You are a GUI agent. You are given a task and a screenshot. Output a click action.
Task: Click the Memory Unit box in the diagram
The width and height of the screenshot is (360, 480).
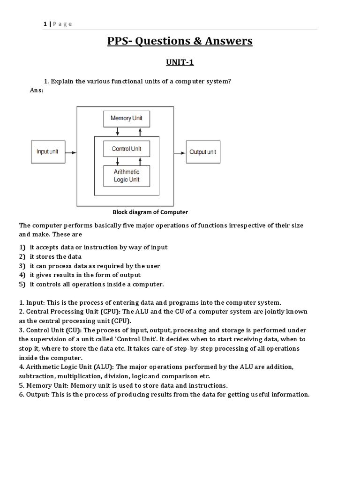(x=126, y=118)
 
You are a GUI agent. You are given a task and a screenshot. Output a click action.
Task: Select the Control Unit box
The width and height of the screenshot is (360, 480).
(x=126, y=149)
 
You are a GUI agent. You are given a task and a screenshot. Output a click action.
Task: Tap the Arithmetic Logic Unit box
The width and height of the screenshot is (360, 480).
(x=126, y=176)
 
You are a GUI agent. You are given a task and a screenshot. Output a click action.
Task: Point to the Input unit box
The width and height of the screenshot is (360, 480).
(x=47, y=152)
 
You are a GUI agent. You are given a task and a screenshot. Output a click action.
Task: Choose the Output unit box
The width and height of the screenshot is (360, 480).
(x=203, y=152)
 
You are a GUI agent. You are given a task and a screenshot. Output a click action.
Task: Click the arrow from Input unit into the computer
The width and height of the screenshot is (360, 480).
(x=70, y=152)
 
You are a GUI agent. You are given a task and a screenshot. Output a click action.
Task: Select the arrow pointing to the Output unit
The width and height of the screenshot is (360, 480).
(x=180, y=152)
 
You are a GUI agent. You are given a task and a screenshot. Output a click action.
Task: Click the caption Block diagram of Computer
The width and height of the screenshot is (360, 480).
(x=150, y=212)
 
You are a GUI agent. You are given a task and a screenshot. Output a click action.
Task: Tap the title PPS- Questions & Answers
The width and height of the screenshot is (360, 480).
(x=180, y=41)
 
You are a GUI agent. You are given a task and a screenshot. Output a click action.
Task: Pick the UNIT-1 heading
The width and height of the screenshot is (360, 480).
(x=180, y=62)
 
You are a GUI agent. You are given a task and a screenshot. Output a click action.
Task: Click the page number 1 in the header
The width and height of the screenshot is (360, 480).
(x=45, y=24)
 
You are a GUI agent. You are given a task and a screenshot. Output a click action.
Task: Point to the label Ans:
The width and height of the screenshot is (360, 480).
(x=37, y=90)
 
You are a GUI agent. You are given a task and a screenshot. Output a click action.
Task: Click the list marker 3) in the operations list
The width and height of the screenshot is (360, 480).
(x=22, y=266)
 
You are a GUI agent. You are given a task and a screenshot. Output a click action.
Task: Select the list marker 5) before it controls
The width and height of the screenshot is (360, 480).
(x=22, y=285)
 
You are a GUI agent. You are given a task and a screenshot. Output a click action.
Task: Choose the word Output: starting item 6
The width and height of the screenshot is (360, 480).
(x=38, y=394)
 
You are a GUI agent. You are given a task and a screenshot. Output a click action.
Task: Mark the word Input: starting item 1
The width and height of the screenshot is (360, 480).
(x=37, y=302)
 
